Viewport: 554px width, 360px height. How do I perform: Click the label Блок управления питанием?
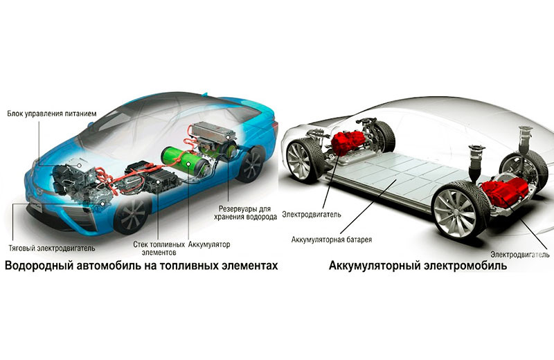52,114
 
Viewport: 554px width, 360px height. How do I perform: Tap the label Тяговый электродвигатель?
52,248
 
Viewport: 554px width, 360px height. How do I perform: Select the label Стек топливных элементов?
159,249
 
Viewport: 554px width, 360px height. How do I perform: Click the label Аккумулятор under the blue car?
209,244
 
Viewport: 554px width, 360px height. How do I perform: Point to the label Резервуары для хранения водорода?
245,213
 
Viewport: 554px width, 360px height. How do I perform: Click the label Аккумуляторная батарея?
332,240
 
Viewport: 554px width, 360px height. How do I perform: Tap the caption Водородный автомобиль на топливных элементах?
141,265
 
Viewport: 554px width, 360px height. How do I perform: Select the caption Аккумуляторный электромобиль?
418,265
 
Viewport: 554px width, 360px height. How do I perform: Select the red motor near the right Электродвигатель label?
505,192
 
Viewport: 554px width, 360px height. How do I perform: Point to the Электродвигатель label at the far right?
520,254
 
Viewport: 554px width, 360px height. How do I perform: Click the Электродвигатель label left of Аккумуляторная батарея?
312,215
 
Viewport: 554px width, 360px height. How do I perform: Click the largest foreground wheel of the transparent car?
458,211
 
